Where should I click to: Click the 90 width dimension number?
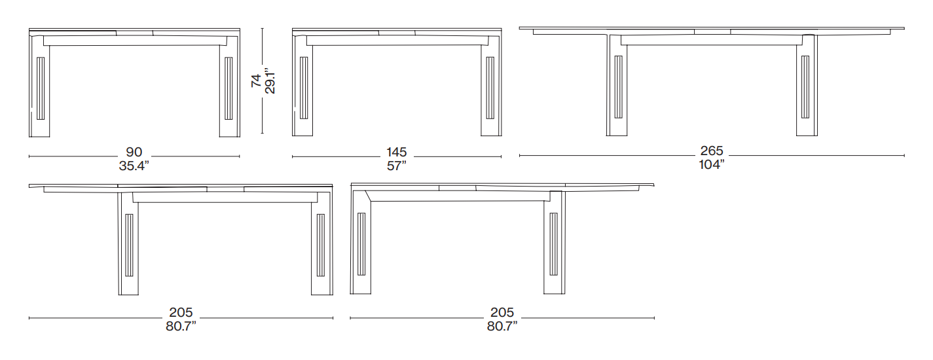coord(134,152)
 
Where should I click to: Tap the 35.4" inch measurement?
coord(134,166)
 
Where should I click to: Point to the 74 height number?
coord(256,81)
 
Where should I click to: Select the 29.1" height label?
coord(270,81)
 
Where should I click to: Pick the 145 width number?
coord(397,152)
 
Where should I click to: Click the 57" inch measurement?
coord(397,166)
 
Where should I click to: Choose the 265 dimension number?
coord(712,151)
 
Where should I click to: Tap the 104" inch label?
coord(712,164)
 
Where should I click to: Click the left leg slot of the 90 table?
coord(41,88)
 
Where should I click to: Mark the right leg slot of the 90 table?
coord(229,88)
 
